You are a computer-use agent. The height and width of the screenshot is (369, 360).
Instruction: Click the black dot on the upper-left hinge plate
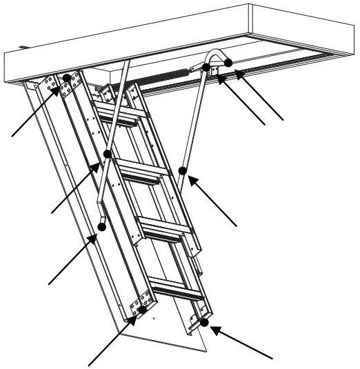point(67,77)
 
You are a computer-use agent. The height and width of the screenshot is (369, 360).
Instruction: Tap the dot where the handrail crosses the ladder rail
point(107,153)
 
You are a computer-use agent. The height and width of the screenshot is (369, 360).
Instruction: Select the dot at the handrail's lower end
point(102,226)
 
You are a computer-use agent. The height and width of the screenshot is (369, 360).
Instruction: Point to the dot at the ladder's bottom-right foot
point(204,323)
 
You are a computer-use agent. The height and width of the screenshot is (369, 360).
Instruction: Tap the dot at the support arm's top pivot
point(206,67)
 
